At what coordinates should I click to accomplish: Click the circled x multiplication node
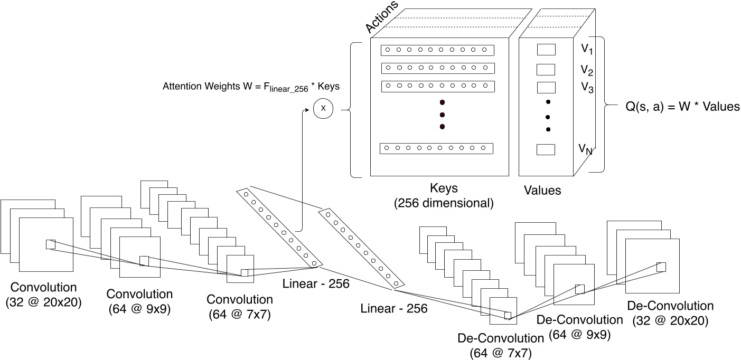[324, 110]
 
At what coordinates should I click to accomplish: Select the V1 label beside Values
[587, 50]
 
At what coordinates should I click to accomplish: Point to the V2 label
[587, 70]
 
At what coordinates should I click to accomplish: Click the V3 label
[587, 88]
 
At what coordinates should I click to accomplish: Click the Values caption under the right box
[542, 190]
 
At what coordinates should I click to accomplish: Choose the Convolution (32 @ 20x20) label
[44, 295]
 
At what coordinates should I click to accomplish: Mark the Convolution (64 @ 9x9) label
[139, 301]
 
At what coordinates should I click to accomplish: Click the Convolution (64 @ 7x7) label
[240, 307]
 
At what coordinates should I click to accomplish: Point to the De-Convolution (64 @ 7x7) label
[501, 345]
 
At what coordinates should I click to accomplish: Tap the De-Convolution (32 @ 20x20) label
[670, 312]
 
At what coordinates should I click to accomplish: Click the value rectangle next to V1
[546, 50]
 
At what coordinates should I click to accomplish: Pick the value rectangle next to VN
[546, 149]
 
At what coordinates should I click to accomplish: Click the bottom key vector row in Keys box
[436, 148]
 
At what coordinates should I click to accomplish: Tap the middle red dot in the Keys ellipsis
[442, 115]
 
